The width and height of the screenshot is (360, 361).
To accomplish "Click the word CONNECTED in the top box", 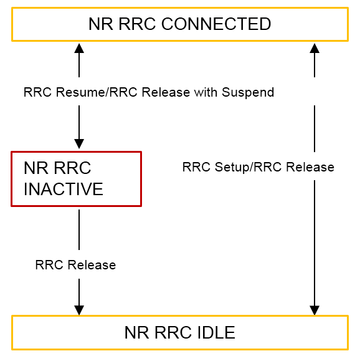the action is pos(216,24).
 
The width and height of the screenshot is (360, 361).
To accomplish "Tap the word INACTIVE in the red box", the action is pos(64,189).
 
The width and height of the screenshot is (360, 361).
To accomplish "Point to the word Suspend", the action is pos(248,92).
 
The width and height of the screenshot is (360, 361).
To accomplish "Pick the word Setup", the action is pos(232,167).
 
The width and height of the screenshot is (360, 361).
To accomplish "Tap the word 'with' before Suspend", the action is pos(206,92).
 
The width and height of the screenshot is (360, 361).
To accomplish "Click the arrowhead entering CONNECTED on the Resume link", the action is pos(79,48).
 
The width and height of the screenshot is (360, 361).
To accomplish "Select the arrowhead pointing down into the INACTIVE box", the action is pos(79,144).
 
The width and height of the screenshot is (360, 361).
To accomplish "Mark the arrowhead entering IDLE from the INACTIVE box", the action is pos(79,310).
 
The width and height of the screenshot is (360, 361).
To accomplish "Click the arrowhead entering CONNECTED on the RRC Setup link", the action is pos(315,48).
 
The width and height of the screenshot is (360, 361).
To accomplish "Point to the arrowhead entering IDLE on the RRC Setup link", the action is pos(315,310).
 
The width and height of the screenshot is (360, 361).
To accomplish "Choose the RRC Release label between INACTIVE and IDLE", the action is pos(75,265).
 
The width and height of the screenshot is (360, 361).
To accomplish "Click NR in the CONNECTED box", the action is pos(101,24).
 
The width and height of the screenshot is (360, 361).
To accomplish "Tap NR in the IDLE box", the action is pos(136,332).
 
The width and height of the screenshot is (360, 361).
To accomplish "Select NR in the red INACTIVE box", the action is pos(36,168).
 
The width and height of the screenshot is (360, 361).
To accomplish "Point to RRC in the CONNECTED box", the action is pos(137,24).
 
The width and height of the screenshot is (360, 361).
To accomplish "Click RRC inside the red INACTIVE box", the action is pos(72,168).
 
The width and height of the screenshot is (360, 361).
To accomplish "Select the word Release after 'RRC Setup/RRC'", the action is pos(310,167).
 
